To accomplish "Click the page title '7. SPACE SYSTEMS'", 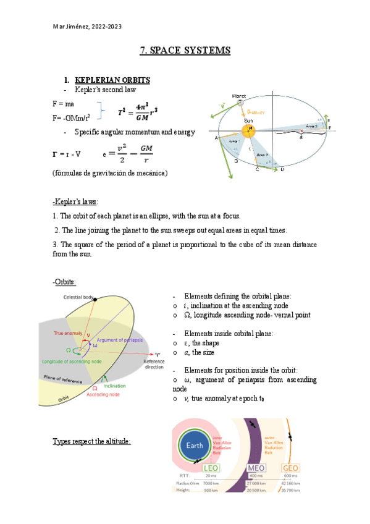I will point(185,50).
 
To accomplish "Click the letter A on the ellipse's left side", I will point(216,138).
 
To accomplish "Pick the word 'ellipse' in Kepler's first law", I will point(154,216).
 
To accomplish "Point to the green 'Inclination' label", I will point(115,386).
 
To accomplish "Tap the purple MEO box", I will point(256,468).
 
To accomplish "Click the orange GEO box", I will point(290,468).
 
